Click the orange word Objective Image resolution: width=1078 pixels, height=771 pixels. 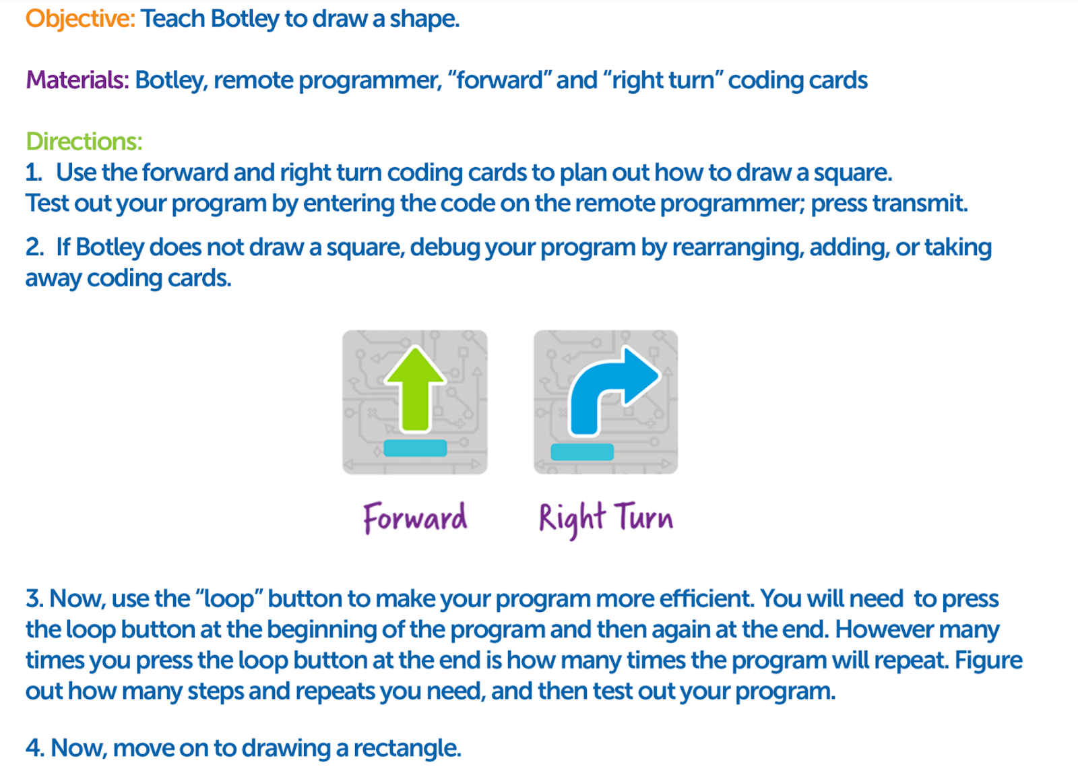point(80,19)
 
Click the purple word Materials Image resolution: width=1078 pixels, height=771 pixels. point(77,80)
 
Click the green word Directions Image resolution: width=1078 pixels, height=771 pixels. point(84,142)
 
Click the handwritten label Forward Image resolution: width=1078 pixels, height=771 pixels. point(415,518)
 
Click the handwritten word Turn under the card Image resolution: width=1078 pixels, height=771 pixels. point(643,518)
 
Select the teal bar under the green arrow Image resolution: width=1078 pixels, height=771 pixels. point(415,448)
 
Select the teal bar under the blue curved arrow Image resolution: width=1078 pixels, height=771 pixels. point(582,452)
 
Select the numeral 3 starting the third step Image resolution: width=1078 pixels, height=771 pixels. point(33,598)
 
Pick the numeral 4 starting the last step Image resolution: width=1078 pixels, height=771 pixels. point(34,748)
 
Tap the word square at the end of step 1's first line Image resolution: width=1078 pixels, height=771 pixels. point(852,173)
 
